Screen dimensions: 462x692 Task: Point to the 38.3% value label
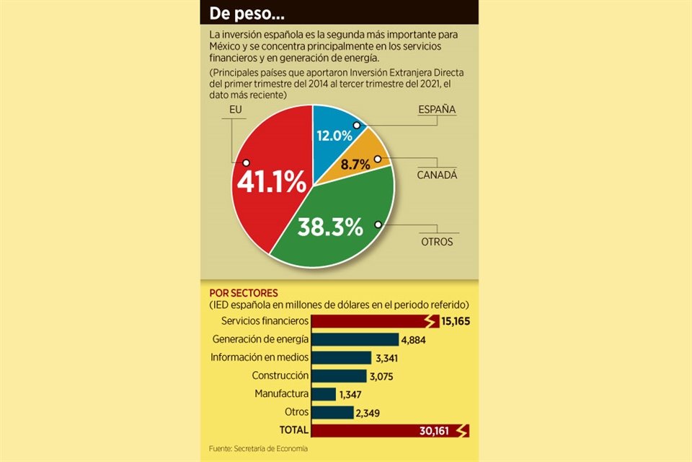(x=331, y=227)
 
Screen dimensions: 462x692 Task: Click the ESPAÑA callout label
(x=438, y=110)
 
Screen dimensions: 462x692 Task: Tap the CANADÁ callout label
(x=438, y=175)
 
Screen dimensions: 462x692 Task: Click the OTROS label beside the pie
(x=437, y=242)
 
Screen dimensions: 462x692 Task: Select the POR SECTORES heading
(x=243, y=293)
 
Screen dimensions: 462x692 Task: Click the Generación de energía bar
(x=357, y=339)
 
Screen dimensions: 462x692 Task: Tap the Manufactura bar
(x=325, y=394)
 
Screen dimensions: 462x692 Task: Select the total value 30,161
(x=435, y=431)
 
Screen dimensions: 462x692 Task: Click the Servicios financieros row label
(x=265, y=321)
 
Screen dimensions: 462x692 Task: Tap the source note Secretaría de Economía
(x=258, y=449)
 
